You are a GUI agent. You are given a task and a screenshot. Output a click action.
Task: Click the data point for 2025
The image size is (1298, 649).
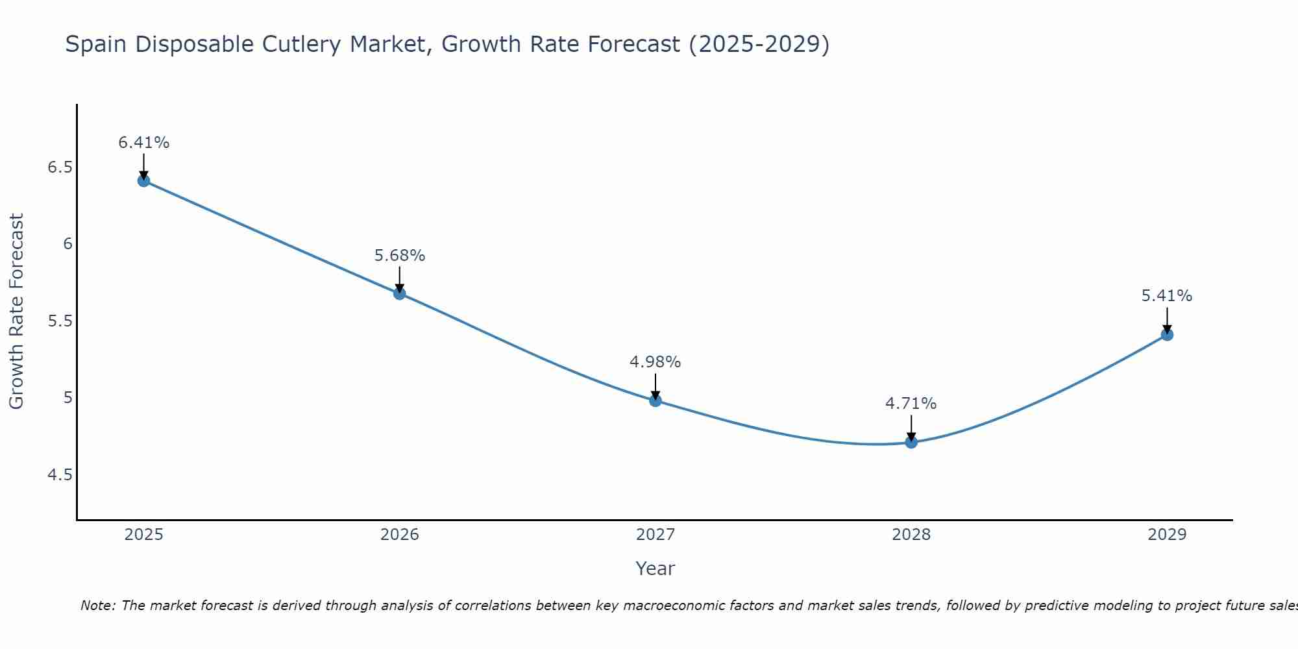point(143,180)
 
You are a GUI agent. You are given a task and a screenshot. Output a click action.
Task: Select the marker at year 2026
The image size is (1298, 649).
point(399,293)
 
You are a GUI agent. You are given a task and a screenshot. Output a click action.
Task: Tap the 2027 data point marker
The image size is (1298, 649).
point(655,400)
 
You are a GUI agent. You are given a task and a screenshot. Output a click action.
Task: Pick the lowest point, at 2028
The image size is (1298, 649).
point(911,443)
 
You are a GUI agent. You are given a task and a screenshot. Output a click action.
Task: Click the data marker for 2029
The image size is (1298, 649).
point(1167,335)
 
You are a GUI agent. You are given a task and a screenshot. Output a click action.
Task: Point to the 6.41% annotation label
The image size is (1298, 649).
point(143,143)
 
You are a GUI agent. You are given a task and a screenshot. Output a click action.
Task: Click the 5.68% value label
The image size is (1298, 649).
point(399,256)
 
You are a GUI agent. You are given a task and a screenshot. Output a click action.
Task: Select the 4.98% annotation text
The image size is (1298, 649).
point(655,362)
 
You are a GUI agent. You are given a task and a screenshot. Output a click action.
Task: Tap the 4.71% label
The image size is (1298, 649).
point(911,404)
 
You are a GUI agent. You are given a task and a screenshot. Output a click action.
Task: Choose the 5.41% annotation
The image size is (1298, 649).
point(1167,296)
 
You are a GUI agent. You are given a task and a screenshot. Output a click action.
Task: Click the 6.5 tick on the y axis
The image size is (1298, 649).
point(60,167)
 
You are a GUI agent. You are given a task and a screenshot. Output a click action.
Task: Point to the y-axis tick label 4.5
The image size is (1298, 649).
point(60,475)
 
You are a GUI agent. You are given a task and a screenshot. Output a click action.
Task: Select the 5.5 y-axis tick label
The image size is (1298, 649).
point(60,321)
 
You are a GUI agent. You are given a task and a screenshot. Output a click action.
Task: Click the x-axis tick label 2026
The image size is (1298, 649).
point(399,535)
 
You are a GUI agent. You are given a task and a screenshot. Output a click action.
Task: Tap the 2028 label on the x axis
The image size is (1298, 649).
point(911,535)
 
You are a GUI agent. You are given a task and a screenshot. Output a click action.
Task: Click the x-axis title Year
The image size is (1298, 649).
point(655,569)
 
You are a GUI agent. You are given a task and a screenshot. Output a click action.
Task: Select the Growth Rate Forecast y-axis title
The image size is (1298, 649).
point(16,312)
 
